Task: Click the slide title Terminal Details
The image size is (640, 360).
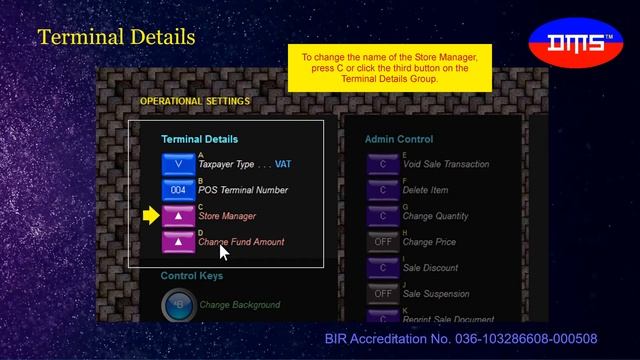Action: click(116, 38)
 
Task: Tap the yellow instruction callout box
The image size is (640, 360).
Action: click(390, 68)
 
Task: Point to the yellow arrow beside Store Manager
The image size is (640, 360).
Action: click(151, 215)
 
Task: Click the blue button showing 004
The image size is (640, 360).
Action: click(178, 189)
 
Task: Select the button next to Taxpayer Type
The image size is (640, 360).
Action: click(178, 163)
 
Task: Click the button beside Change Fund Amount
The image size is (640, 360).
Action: click(178, 241)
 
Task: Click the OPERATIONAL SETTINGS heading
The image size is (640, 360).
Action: click(195, 101)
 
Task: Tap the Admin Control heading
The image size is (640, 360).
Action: click(399, 139)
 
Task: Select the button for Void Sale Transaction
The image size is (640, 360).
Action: click(383, 163)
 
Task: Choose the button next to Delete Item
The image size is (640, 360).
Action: click(383, 189)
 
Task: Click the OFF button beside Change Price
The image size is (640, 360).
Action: click(383, 241)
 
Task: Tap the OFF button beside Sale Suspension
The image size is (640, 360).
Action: click(383, 293)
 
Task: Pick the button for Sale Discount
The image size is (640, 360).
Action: click(383, 267)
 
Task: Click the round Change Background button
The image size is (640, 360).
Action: click(179, 304)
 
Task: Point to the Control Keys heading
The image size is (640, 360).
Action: click(192, 276)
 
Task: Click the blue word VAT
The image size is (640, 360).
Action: click(283, 164)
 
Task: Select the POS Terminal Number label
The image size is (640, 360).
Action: click(243, 190)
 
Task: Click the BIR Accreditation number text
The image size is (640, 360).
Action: click(461, 340)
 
